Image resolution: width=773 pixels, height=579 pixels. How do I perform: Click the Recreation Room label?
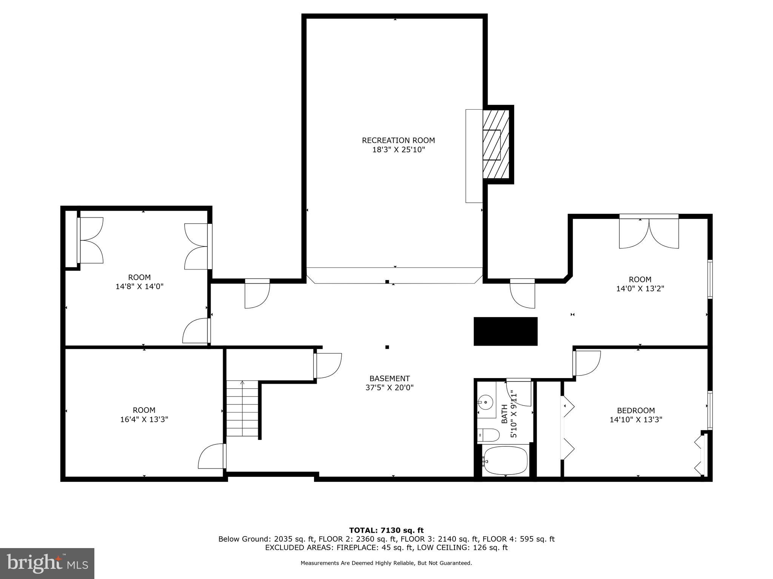[x=398, y=140]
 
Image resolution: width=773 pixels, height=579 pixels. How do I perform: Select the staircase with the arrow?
[x=242, y=409]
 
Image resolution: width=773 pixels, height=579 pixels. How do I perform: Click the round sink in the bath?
[x=486, y=402]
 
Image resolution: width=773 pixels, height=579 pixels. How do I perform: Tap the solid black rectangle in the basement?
[x=505, y=331]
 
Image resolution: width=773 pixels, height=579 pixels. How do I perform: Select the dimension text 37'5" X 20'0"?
[x=390, y=388]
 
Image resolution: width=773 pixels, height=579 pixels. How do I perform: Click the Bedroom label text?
[x=636, y=411]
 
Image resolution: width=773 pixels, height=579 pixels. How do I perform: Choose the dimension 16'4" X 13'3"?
[x=144, y=419]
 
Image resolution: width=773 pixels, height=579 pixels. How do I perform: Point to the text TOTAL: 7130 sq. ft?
[x=386, y=530]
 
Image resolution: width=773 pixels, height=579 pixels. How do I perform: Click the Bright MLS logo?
[x=47, y=563]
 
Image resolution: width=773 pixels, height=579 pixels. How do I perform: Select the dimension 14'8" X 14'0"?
[x=139, y=286]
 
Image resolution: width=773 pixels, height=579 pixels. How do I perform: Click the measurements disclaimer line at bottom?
[x=386, y=563]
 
